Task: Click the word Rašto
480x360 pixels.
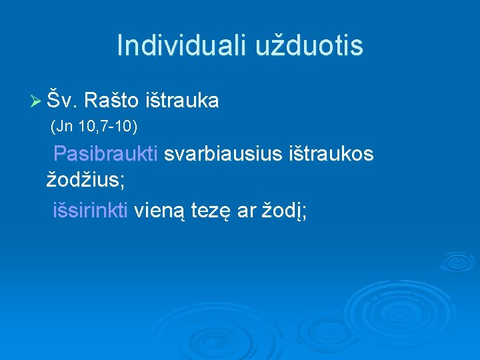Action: coord(112,101)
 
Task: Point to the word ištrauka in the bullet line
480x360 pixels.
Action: coord(181,101)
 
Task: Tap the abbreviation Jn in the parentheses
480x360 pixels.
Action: coord(64,125)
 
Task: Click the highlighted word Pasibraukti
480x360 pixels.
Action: coord(105,154)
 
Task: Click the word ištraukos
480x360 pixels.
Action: coord(331,154)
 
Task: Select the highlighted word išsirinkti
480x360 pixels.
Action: coord(91,211)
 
